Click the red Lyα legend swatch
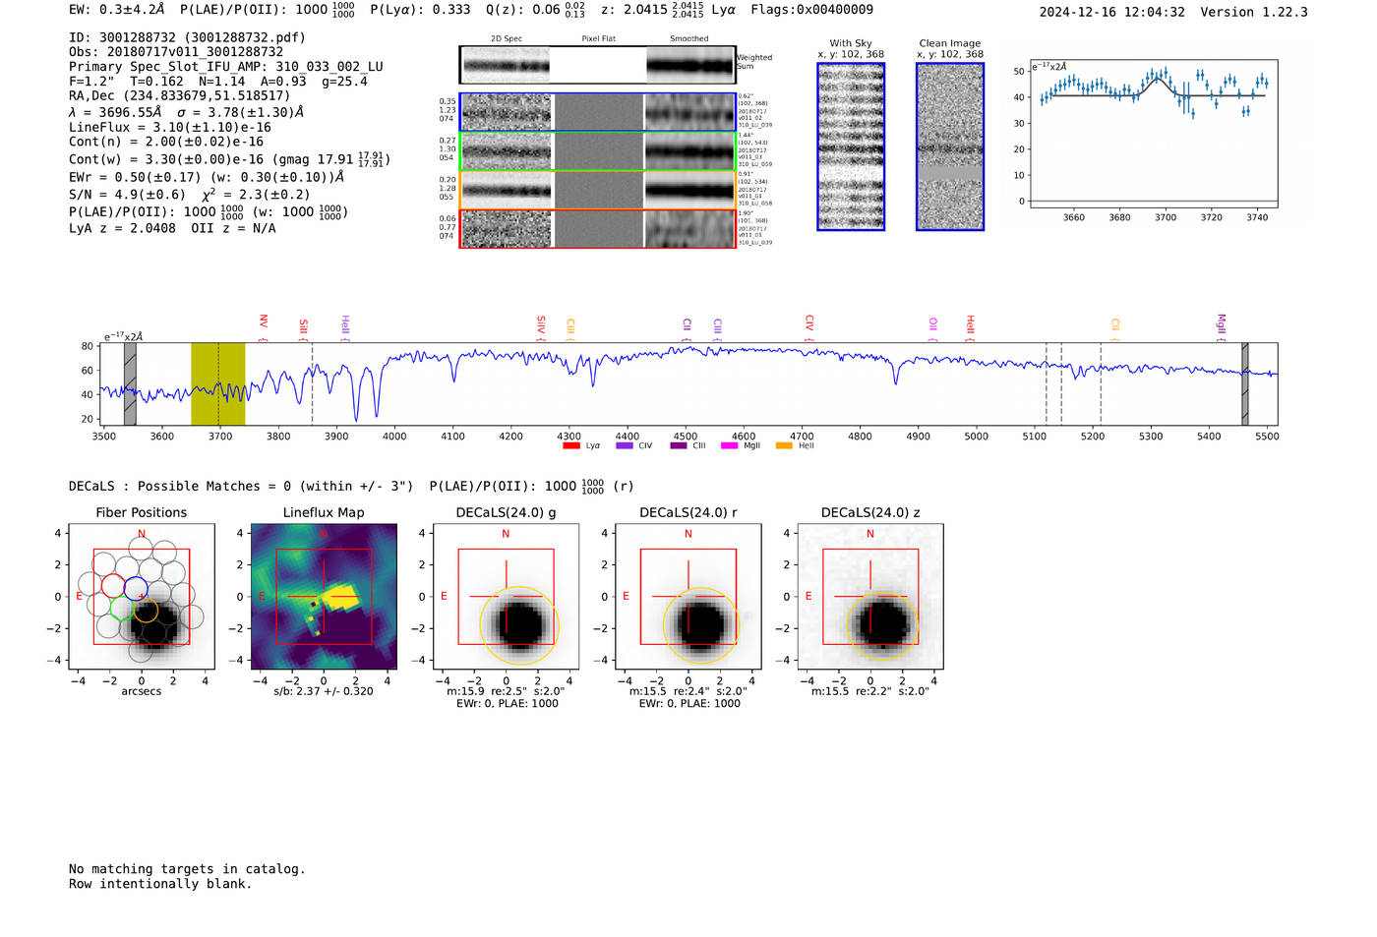tap(570, 446)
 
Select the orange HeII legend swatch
tap(784, 446)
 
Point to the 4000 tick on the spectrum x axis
tap(394, 427)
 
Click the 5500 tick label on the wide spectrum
tap(1267, 437)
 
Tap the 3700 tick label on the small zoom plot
tap(1166, 217)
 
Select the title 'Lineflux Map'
tap(324, 512)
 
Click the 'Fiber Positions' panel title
tap(142, 512)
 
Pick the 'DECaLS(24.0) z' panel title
tap(870, 512)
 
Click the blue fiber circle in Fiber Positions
tap(136, 589)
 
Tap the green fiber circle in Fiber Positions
tap(122, 609)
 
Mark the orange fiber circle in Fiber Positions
tap(146, 611)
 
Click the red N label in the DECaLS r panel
tap(688, 534)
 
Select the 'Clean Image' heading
tap(950, 43)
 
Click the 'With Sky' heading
tap(851, 43)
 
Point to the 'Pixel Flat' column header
tap(598, 39)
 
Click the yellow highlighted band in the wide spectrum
tap(217, 383)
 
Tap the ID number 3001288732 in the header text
tap(137, 37)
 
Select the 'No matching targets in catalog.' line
tap(187, 869)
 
